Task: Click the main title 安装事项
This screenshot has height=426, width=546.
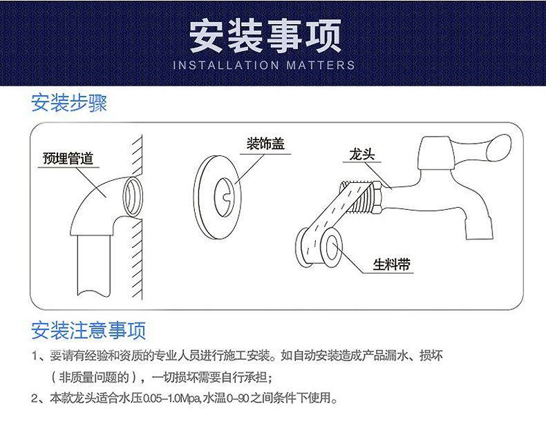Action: pyautogui.click(x=265, y=35)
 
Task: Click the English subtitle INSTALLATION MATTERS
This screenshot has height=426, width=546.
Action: pyautogui.click(x=263, y=66)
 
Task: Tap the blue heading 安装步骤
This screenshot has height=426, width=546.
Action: pyautogui.click(x=69, y=104)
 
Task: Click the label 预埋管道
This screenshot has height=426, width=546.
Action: pyautogui.click(x=67, y=159)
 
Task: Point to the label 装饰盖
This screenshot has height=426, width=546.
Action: pyautogui.click(x=265, y=144)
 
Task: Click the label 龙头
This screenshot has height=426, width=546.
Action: pyautogui.click(x=358, y=155)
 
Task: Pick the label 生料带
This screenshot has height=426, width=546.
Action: pyautogui.click(x=392, y=264)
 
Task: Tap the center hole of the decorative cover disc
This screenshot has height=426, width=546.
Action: pyautogui.click(x=225, y=191)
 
